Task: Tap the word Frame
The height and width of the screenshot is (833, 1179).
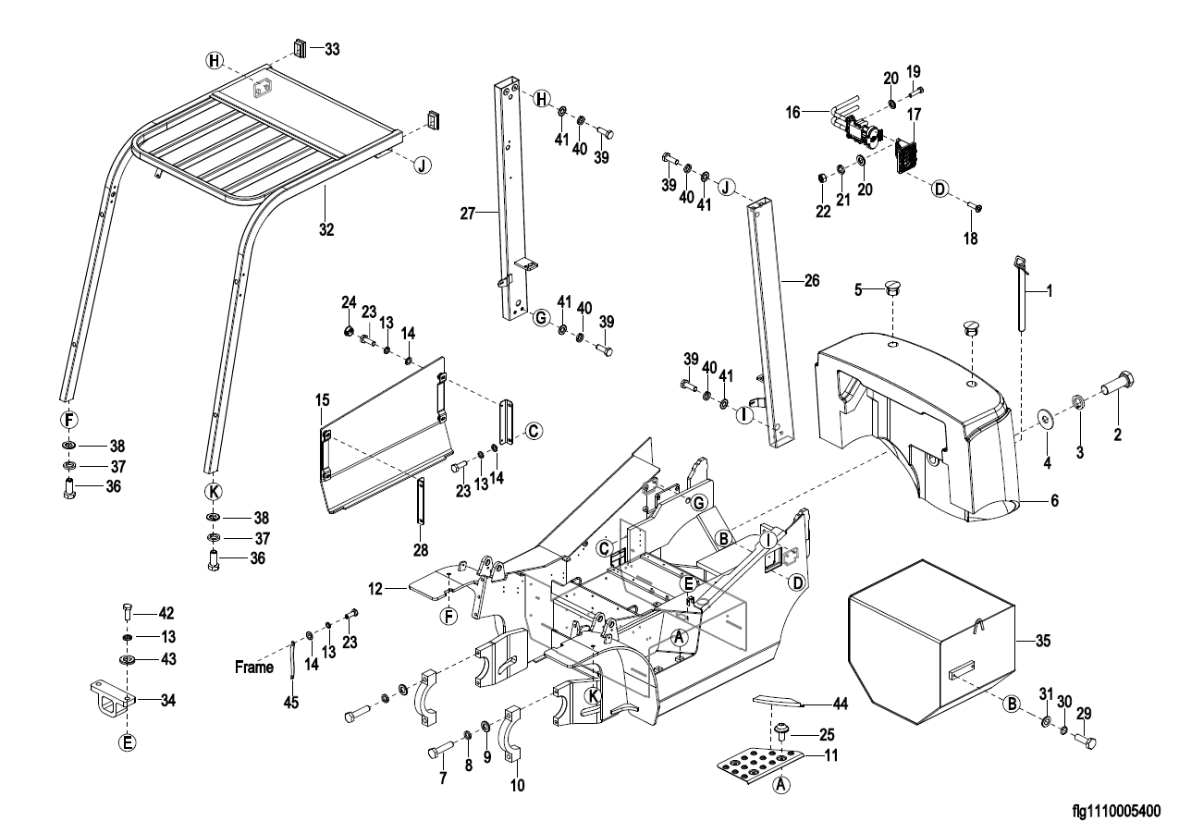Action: coord(254,667)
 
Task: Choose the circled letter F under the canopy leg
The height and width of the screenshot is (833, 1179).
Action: coord(69,419)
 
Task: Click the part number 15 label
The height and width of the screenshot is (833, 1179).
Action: coord(322,400)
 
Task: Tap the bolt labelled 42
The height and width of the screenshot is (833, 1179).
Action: coord(128,611)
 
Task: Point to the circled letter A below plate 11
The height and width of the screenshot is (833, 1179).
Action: coord(781,784)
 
